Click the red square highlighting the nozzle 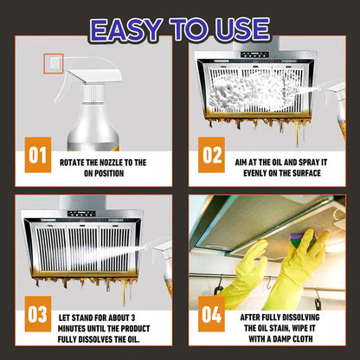coord(51,63)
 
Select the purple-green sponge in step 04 coord(292,253)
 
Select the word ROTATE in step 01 coord(76,161)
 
